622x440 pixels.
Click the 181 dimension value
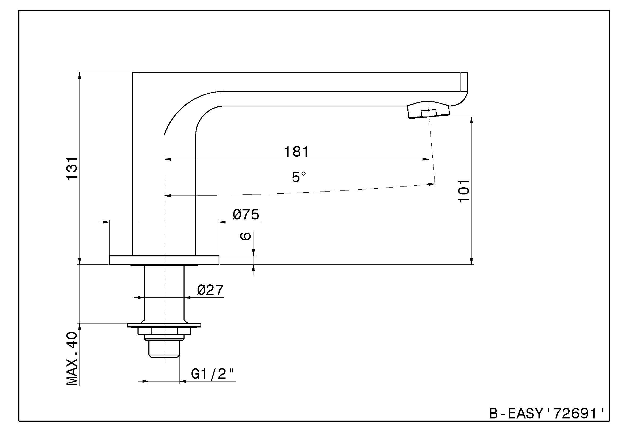296,152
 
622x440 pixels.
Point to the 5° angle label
299,177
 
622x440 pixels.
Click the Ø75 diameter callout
246,215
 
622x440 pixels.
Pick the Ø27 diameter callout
210,290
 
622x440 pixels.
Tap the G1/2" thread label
212,375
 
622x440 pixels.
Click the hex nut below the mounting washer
164,331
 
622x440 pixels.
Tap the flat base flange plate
164,260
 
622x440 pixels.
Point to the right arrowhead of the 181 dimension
426,159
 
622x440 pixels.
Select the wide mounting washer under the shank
164,325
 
